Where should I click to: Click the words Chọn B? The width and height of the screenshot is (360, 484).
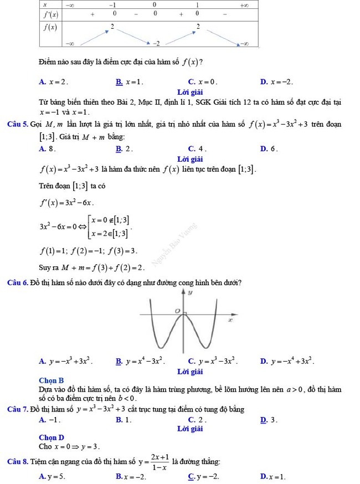pyautogui.click(x=52, y=380)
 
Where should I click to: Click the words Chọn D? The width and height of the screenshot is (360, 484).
pyautogui.click(x=52, y=437)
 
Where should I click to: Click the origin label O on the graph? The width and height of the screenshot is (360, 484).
pyautogui.click(x=177, y=312)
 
